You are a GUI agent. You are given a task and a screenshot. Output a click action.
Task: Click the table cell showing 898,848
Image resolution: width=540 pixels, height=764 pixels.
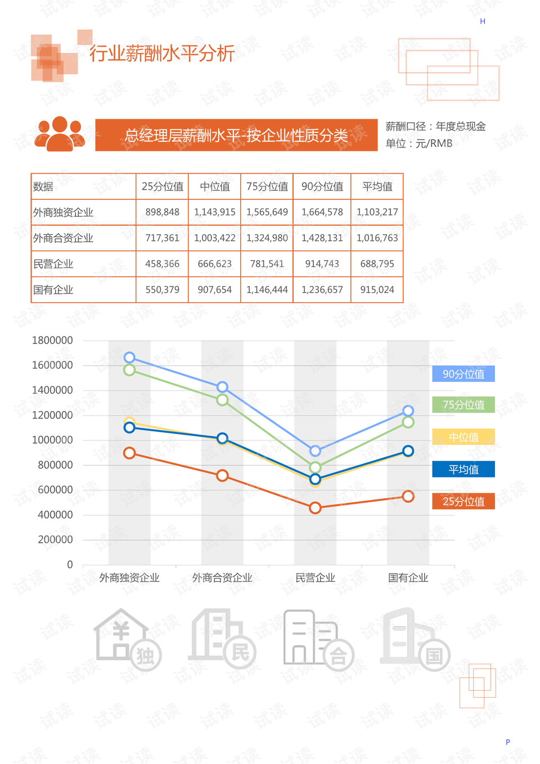pyautogui.click(x=162, y=212)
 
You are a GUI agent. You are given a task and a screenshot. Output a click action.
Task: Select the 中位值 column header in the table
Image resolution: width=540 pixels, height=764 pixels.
pyautogui.click(x=214, y=186)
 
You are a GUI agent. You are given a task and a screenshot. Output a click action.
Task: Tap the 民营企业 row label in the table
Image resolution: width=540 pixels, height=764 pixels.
pyautogui.click(x=53, y=264)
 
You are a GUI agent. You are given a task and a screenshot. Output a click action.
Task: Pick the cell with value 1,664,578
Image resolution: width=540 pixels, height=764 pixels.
pyautogui.click(x=322, y=212)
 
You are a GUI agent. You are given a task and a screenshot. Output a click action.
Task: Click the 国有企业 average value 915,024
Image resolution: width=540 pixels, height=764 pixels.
pyautogui.click(x=377, y=290)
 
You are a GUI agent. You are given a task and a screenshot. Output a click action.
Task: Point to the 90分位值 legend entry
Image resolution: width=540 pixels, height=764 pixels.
pyautogui.click(x=463, y=374)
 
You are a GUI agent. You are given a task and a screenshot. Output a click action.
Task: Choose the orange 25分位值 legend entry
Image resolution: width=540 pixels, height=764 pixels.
pyautogui.click(x=463, y=501)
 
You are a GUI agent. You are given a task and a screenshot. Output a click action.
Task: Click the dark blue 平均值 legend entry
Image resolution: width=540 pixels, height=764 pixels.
pyautogui.click(x=463, y=469)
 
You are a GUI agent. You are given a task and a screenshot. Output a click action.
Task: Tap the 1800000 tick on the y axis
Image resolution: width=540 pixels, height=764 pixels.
pyautogui.click(x=52, y=340)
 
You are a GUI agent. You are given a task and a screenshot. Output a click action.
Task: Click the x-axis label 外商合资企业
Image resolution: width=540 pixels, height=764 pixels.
pyautogui.click(x=222, y=578)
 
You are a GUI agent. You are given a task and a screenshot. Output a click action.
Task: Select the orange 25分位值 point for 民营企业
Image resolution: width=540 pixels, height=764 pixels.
pyautogui.click(x=315, y=508)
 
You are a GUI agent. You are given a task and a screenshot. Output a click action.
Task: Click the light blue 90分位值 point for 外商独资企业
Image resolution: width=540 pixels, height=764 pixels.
pyautogui.click(x=129, y=358)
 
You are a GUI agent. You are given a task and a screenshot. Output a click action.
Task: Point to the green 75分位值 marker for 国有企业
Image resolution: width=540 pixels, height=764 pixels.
pyautogui.click(x=408, y=422)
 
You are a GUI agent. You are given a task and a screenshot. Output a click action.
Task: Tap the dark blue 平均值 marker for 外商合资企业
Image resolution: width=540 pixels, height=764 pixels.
pyautogui.click(x=222, y=438)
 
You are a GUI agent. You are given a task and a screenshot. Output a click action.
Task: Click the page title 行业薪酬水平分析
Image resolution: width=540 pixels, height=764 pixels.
pyautogui.click(x=162, y=53)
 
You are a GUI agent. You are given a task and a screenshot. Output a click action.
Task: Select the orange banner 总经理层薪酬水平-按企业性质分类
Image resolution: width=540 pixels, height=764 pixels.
pyautogui.click(x=236, y=135)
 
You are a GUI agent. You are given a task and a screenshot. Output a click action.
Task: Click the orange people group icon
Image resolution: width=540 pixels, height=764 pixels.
pyautogui.click(x=60, y=134)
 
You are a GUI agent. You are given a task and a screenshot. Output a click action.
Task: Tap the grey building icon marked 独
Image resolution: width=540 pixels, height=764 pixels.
pyautogui.click(x=127, y=640)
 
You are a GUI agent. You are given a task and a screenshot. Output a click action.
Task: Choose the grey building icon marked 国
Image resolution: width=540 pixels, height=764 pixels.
pyautogui.click(x=415, y=638)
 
